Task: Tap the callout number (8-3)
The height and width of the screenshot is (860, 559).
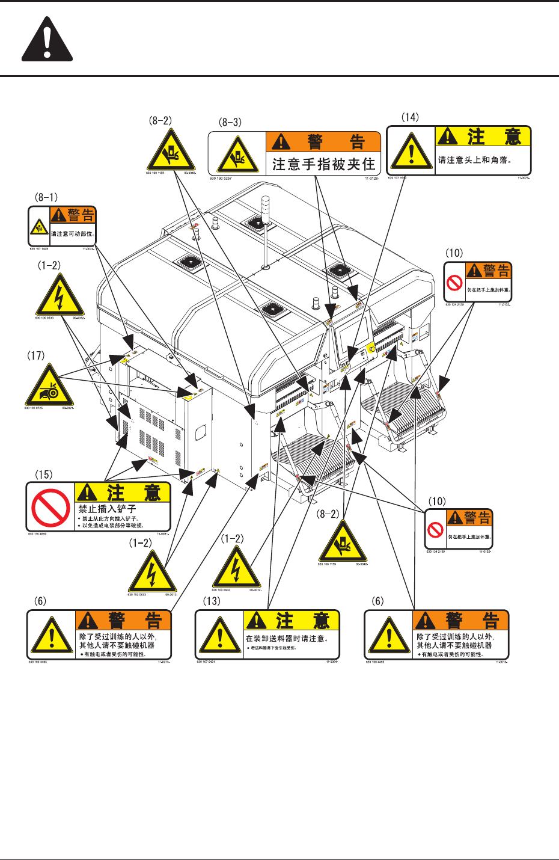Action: pos(230,122)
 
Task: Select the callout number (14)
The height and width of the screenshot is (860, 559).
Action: pos(410,117)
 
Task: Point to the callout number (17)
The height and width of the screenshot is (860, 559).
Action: pos(35,355)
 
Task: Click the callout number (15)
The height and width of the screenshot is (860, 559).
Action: pos(43,475)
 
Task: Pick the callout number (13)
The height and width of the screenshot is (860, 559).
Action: pos(212,601)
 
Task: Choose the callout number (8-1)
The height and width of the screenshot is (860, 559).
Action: pos(46,197)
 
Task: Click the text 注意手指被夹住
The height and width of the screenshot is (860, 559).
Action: pos(323,164)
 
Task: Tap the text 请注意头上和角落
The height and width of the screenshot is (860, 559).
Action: pos(475,160)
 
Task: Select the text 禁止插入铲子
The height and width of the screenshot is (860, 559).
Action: pos(107,509)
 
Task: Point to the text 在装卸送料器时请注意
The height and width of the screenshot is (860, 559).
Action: pos(287,638)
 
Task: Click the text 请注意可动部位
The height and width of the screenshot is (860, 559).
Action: pos(72,234)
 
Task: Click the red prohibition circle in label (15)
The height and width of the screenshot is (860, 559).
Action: pos(50,508)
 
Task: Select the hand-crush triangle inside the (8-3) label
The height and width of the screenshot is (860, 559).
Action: pos(238,155)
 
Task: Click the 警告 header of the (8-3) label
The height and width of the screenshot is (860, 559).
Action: pos(323,142)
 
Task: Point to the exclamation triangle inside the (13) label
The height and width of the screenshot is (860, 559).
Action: pos(220,634)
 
